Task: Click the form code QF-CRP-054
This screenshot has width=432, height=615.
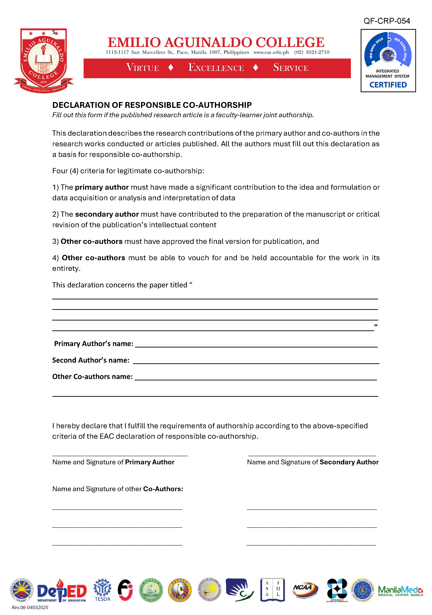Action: (x=387, y=21)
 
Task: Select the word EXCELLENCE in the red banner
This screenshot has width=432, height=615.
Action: (x=216, y=68)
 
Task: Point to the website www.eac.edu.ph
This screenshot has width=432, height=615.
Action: (x=271, y=52)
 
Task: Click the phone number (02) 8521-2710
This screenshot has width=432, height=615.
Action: (x=312, y=52)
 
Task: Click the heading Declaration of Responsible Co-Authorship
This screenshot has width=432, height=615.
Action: (x=152, y=105)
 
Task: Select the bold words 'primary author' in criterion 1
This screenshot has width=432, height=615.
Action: (x=102, y=187)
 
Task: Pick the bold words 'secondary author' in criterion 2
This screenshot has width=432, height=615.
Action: (x=107, y=214)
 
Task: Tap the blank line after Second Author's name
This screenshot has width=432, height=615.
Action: (x=256, y=361)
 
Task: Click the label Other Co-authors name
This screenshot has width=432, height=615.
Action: (x=92, y=377)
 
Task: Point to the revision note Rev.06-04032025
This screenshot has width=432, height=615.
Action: (x=30, y=608)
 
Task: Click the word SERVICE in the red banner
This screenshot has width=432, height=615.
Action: (x=291, y=68)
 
